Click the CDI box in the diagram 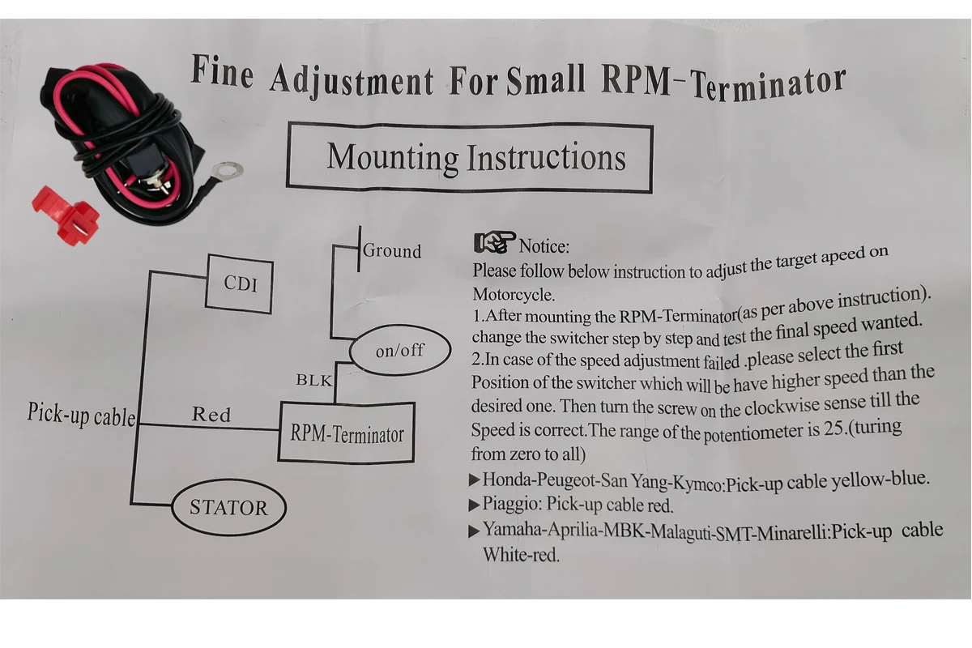pyautogui.click(x=239, y=283)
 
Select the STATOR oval pyautogui.click(x=228, y=508)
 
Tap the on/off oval pyautogui.click(x=399, y=352)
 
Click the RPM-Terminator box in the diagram pyautogui.click(x=346, y=433)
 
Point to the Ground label pyautogui.click(x=392, y=251)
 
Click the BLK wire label pyautogui.click(x=313, y=380)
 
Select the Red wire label pyautogui.click(x=211, y=415)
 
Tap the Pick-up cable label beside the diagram pyautogui.click(x=81, y=415)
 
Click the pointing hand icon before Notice pyautogui.click(x=494, y=242)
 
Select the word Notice pyautogui.click(x=544, y=245)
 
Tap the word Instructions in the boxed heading pyautogui.click(x=545, y=157)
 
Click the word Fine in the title pyautogui.click(x=222, y=73)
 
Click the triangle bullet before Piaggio pyautogui.click(x=475, y=505)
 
